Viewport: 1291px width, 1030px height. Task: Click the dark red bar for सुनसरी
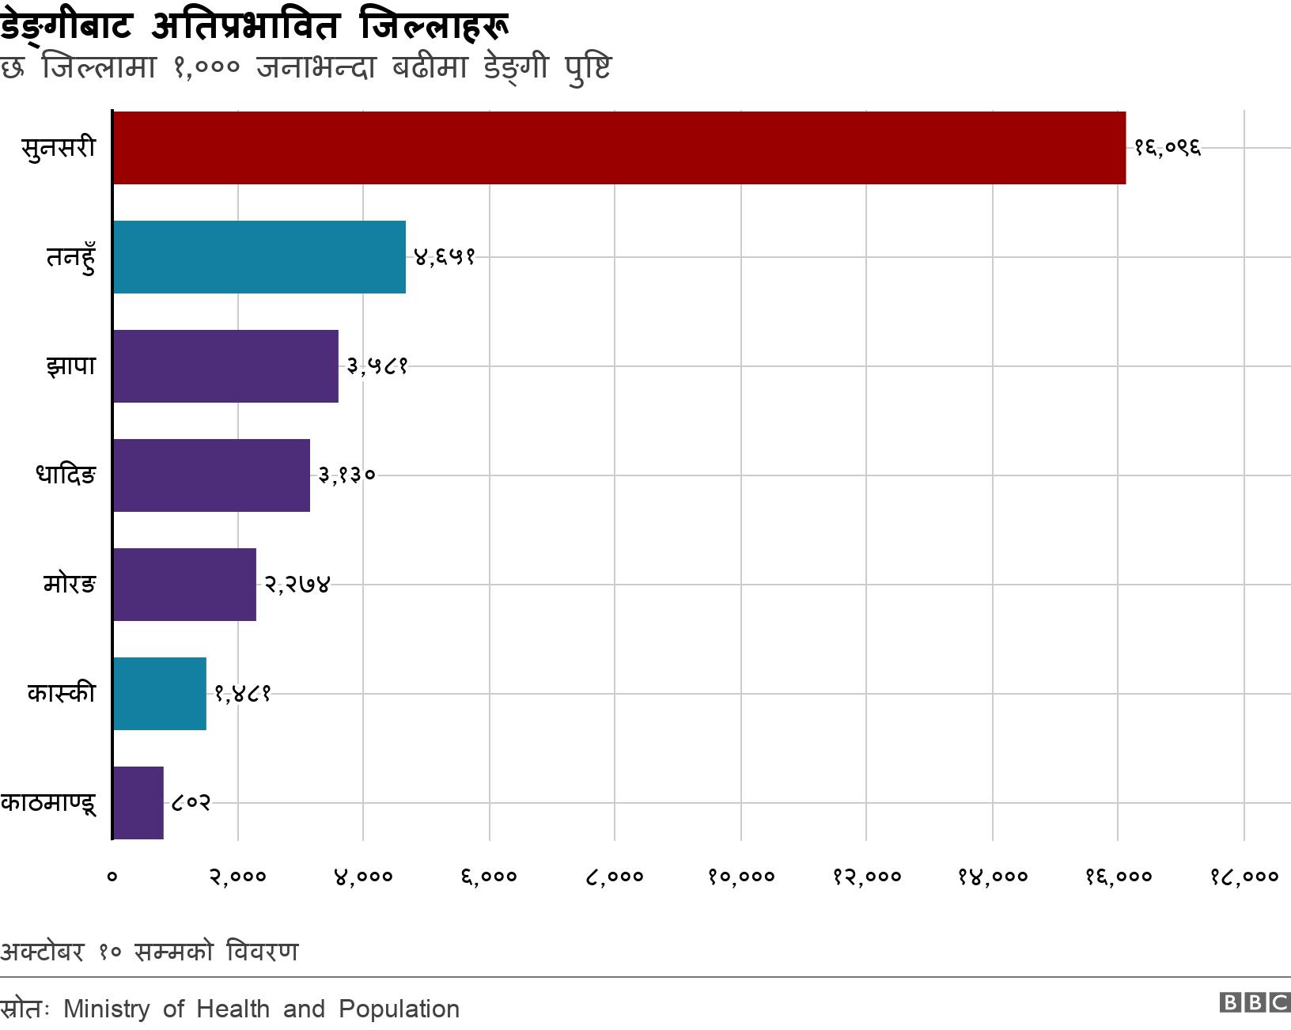pos(619,148)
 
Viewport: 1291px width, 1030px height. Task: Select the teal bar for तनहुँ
pos(259,257)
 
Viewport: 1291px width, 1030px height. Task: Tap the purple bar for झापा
pos(225,366)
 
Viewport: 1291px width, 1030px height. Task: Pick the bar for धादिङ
pos(211,475)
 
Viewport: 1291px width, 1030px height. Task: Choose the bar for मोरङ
pos(184,585)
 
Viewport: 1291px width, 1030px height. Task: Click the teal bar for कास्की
pos(159,694)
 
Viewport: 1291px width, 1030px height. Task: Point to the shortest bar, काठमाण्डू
pos(138,803)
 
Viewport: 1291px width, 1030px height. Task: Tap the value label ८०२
pos(191,803)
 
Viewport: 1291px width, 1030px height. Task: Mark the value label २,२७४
pos(297,585)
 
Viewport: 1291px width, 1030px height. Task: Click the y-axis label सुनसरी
pos(59,148)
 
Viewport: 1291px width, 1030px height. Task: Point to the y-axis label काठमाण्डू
pos(49,803)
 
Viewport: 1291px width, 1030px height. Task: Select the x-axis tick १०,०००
pos(741,876)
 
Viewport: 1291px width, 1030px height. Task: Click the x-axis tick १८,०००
pos(1244,876)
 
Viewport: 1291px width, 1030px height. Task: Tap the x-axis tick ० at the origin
pos(112,876)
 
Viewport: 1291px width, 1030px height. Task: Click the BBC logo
pos(1255,1003)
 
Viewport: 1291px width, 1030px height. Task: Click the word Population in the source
pos(399,1009)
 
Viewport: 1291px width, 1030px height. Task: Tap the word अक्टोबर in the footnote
pos(42,951)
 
